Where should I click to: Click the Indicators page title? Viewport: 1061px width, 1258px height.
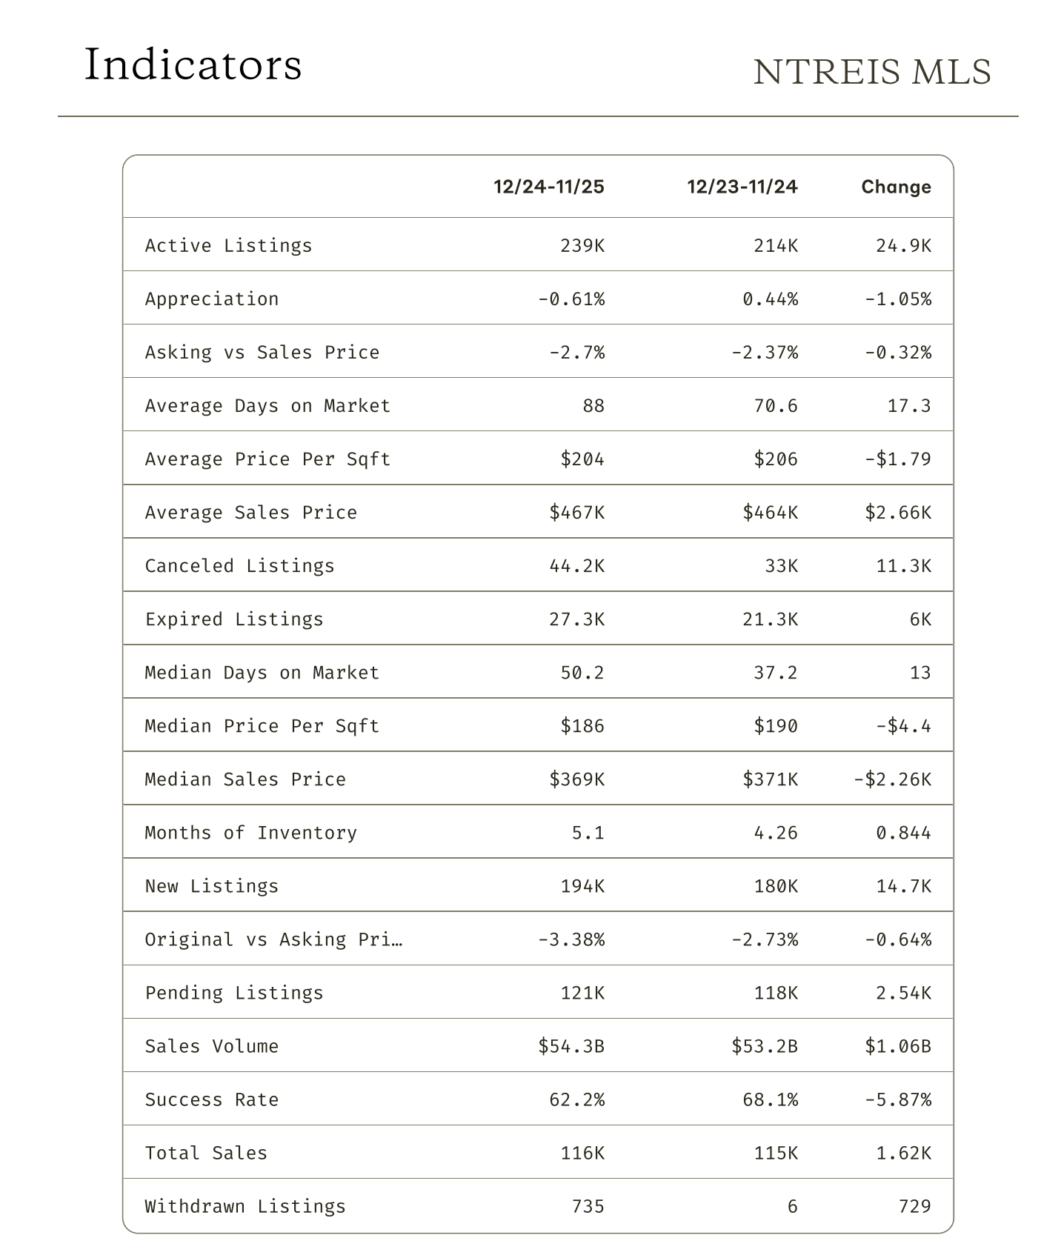[x=193, y=65]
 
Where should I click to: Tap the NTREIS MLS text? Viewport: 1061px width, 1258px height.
[x=872, y=73]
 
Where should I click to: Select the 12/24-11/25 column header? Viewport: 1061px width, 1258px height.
[x=549, y=187]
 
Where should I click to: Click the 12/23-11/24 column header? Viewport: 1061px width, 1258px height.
[x=742, y=187]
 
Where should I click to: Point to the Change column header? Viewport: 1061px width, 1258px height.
[x=896, y=187]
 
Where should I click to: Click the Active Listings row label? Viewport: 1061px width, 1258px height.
[x=228, y=245]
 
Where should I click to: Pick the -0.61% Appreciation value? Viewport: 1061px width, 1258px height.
[x=571, y=299]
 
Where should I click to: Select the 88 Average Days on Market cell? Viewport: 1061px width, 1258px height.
[x=593, y=406]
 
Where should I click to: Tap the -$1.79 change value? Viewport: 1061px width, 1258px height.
[x=898, y=459]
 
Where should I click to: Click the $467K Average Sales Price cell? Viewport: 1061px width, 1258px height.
[x=576, y=513]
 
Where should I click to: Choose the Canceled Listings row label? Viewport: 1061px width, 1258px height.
[x=239, y=566]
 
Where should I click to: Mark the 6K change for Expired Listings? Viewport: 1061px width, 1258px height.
[x=920, y=619]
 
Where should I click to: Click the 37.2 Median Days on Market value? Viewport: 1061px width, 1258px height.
[x=776, y=673]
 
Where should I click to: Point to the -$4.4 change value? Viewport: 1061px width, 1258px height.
[x=903, y=726]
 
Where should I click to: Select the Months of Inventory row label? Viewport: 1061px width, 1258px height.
[x=250, y=833]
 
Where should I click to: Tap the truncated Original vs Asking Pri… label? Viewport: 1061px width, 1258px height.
[x=273, y=939]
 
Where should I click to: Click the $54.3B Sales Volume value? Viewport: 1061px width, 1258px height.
[x=571, y=1046]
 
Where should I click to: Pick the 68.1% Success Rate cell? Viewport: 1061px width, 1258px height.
[x=771, y=1099]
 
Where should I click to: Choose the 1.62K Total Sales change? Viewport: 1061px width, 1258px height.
[x=903, y=1153]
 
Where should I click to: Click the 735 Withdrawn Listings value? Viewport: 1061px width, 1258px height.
[x=588, y=1206]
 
